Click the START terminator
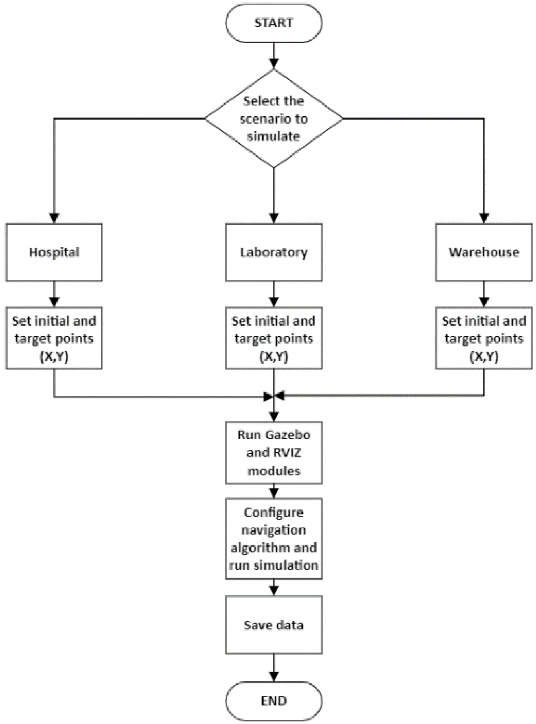pos(274,23)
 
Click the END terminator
pos(274,701)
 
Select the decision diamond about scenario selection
pos(274,119)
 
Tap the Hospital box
pos(54,252)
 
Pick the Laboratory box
pos(274,252)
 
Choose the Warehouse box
pos(484,252)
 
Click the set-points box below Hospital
pos(54,338)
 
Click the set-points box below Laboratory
pos(274,338)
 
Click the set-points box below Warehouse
pos(484,338)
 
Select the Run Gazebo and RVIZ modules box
pos(274,452)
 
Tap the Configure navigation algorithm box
pos(274,538)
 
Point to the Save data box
pos(274,625)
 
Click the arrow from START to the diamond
pos(274,56)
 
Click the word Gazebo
pos(291,435)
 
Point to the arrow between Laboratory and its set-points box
pos(274,294)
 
